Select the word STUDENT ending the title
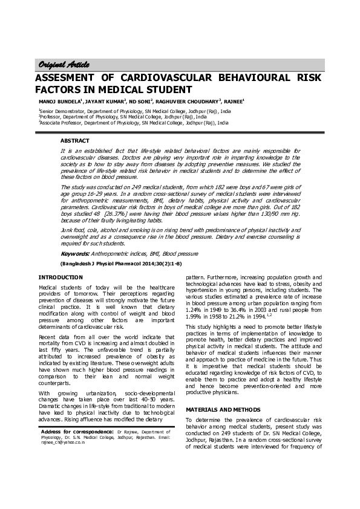point(157,91)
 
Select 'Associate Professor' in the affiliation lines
point(61,122)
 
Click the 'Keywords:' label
point(75,253)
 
